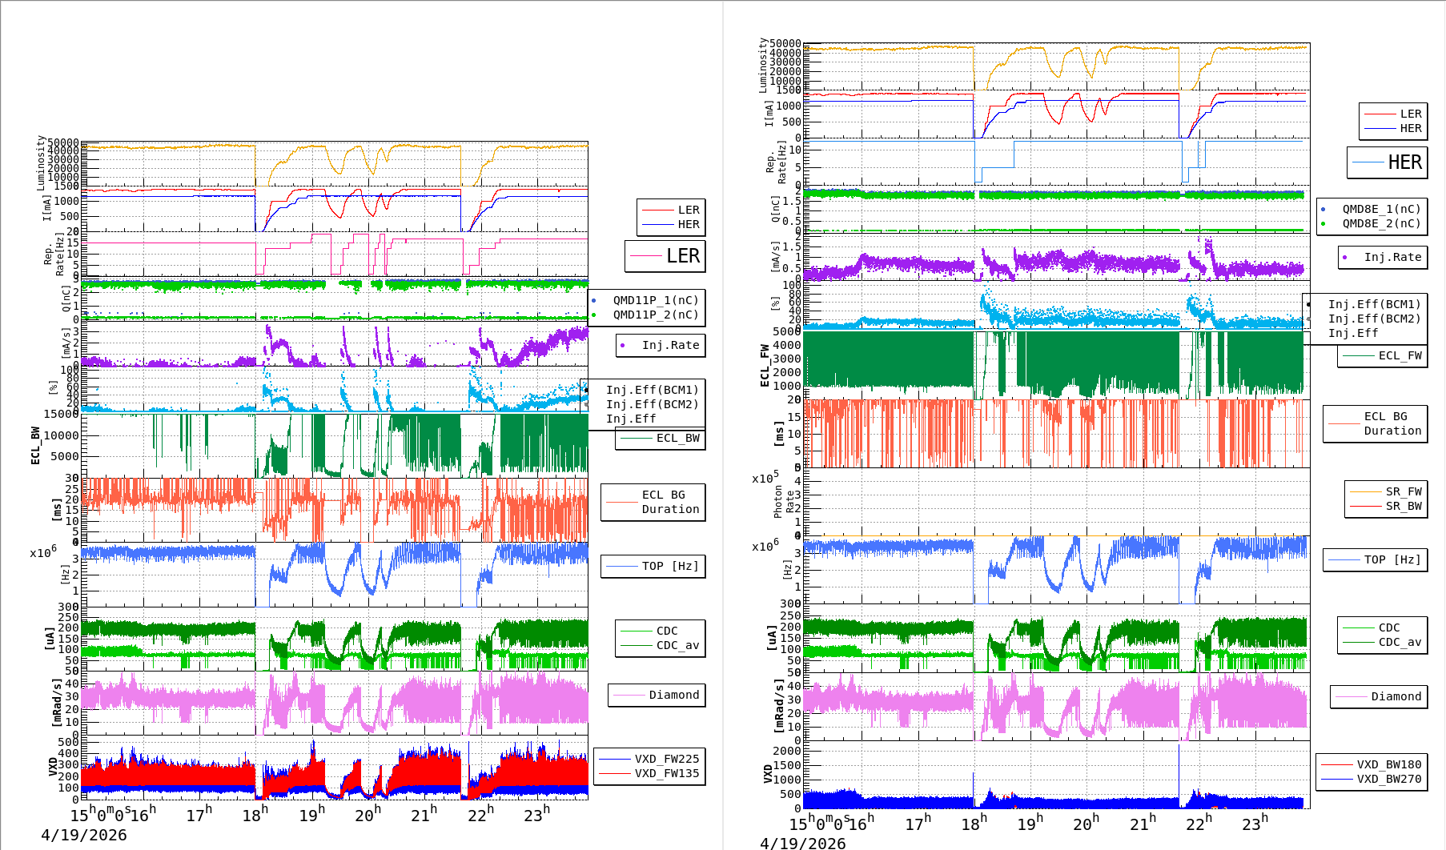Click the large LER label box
[x=665, y=256]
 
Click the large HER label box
[x=1387, y=162]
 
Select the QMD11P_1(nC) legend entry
[x=655, y=300]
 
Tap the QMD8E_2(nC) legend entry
[x=1381, y=223]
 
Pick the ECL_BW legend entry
[x=677, y=438]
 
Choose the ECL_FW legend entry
[x=1399, y=355]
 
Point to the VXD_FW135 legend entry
[x=666, y=773]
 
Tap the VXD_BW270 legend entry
[x=1388, y=779]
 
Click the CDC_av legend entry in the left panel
[x=677, y=645]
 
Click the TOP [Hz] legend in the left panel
[x=669, y=566]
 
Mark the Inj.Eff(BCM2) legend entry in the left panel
[x=652, y=404]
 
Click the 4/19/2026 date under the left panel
[x=84, y=835]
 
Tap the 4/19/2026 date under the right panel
[x=802, y=843]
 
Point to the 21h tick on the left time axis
[x=424, y=814]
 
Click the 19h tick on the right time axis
[x=1030, y=822]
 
